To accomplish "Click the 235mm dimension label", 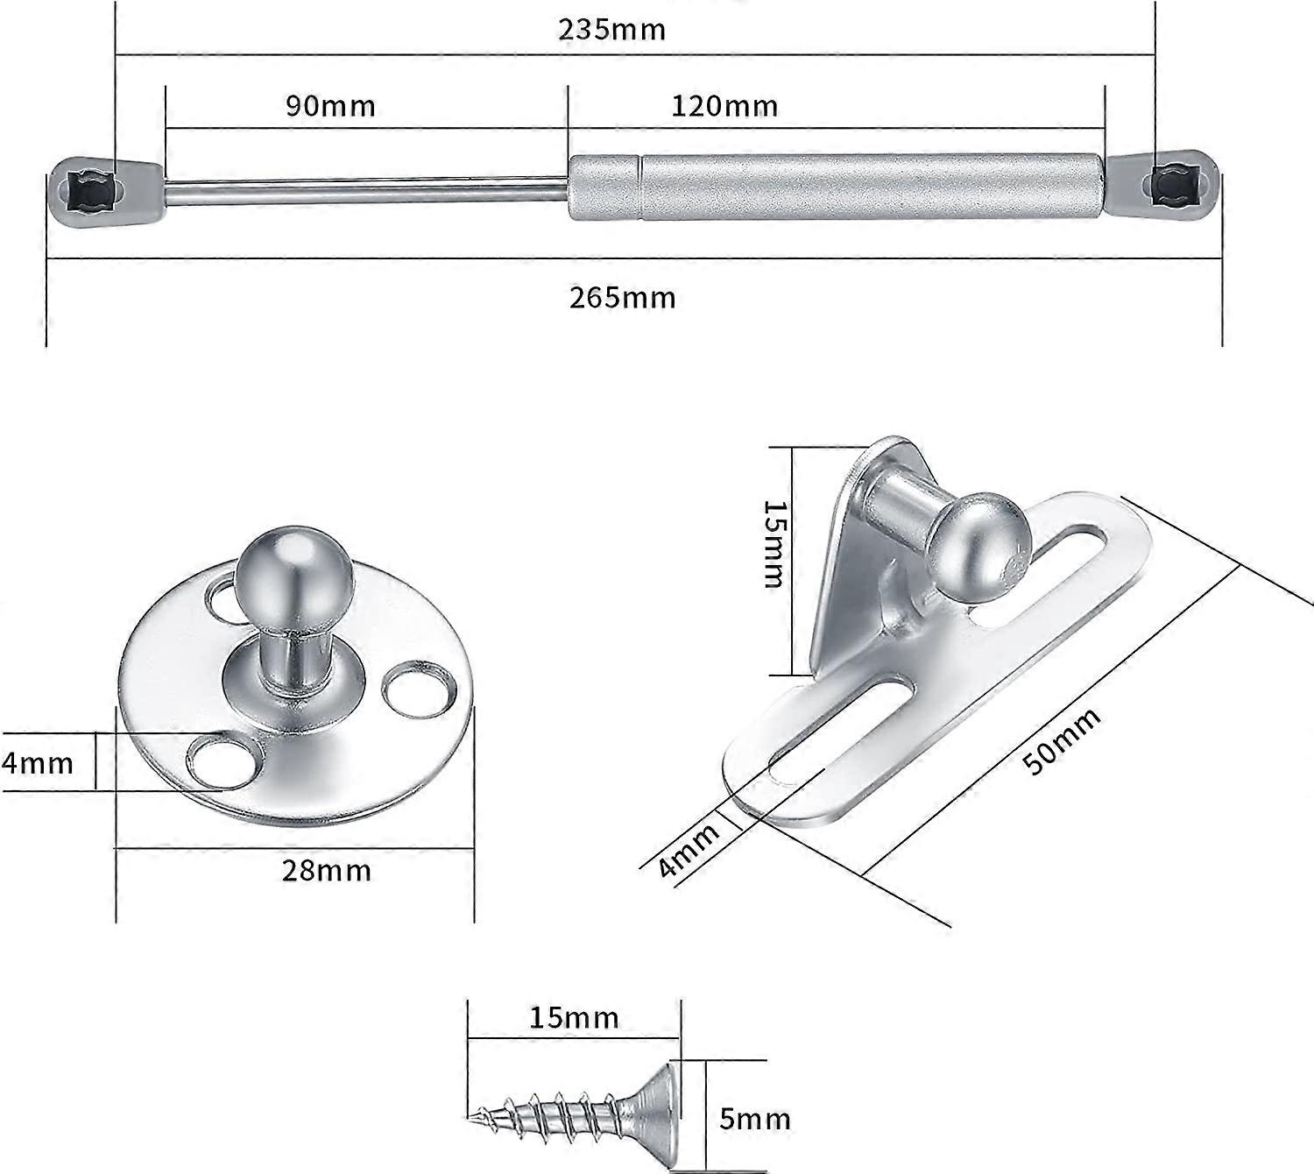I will coord(612,30).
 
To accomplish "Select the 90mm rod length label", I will coord(330,106).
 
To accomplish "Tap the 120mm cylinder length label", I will coord(724,106).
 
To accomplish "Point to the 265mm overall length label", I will coord(622,298).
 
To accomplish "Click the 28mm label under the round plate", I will coord(326,871).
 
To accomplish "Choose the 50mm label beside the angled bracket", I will coord(1062,741).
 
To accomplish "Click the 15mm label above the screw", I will coord(574,1017).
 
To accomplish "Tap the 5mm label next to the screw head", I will coord(754,1119).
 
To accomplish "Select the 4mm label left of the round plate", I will coord(37,762).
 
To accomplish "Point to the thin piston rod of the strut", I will coord(368,190).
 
